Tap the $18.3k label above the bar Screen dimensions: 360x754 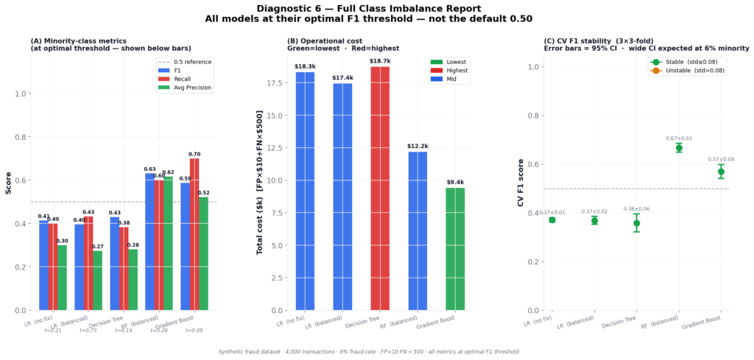pos(305,66)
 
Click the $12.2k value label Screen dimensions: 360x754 pos(417,146)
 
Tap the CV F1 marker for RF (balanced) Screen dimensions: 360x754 pos(679,148)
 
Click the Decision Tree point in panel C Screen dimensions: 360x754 pos(636,223)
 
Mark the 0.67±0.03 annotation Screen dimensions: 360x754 pos(679,138)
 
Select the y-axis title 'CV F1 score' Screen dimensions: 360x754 pos(521,182)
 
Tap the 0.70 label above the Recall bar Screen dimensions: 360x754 pos(194,154)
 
